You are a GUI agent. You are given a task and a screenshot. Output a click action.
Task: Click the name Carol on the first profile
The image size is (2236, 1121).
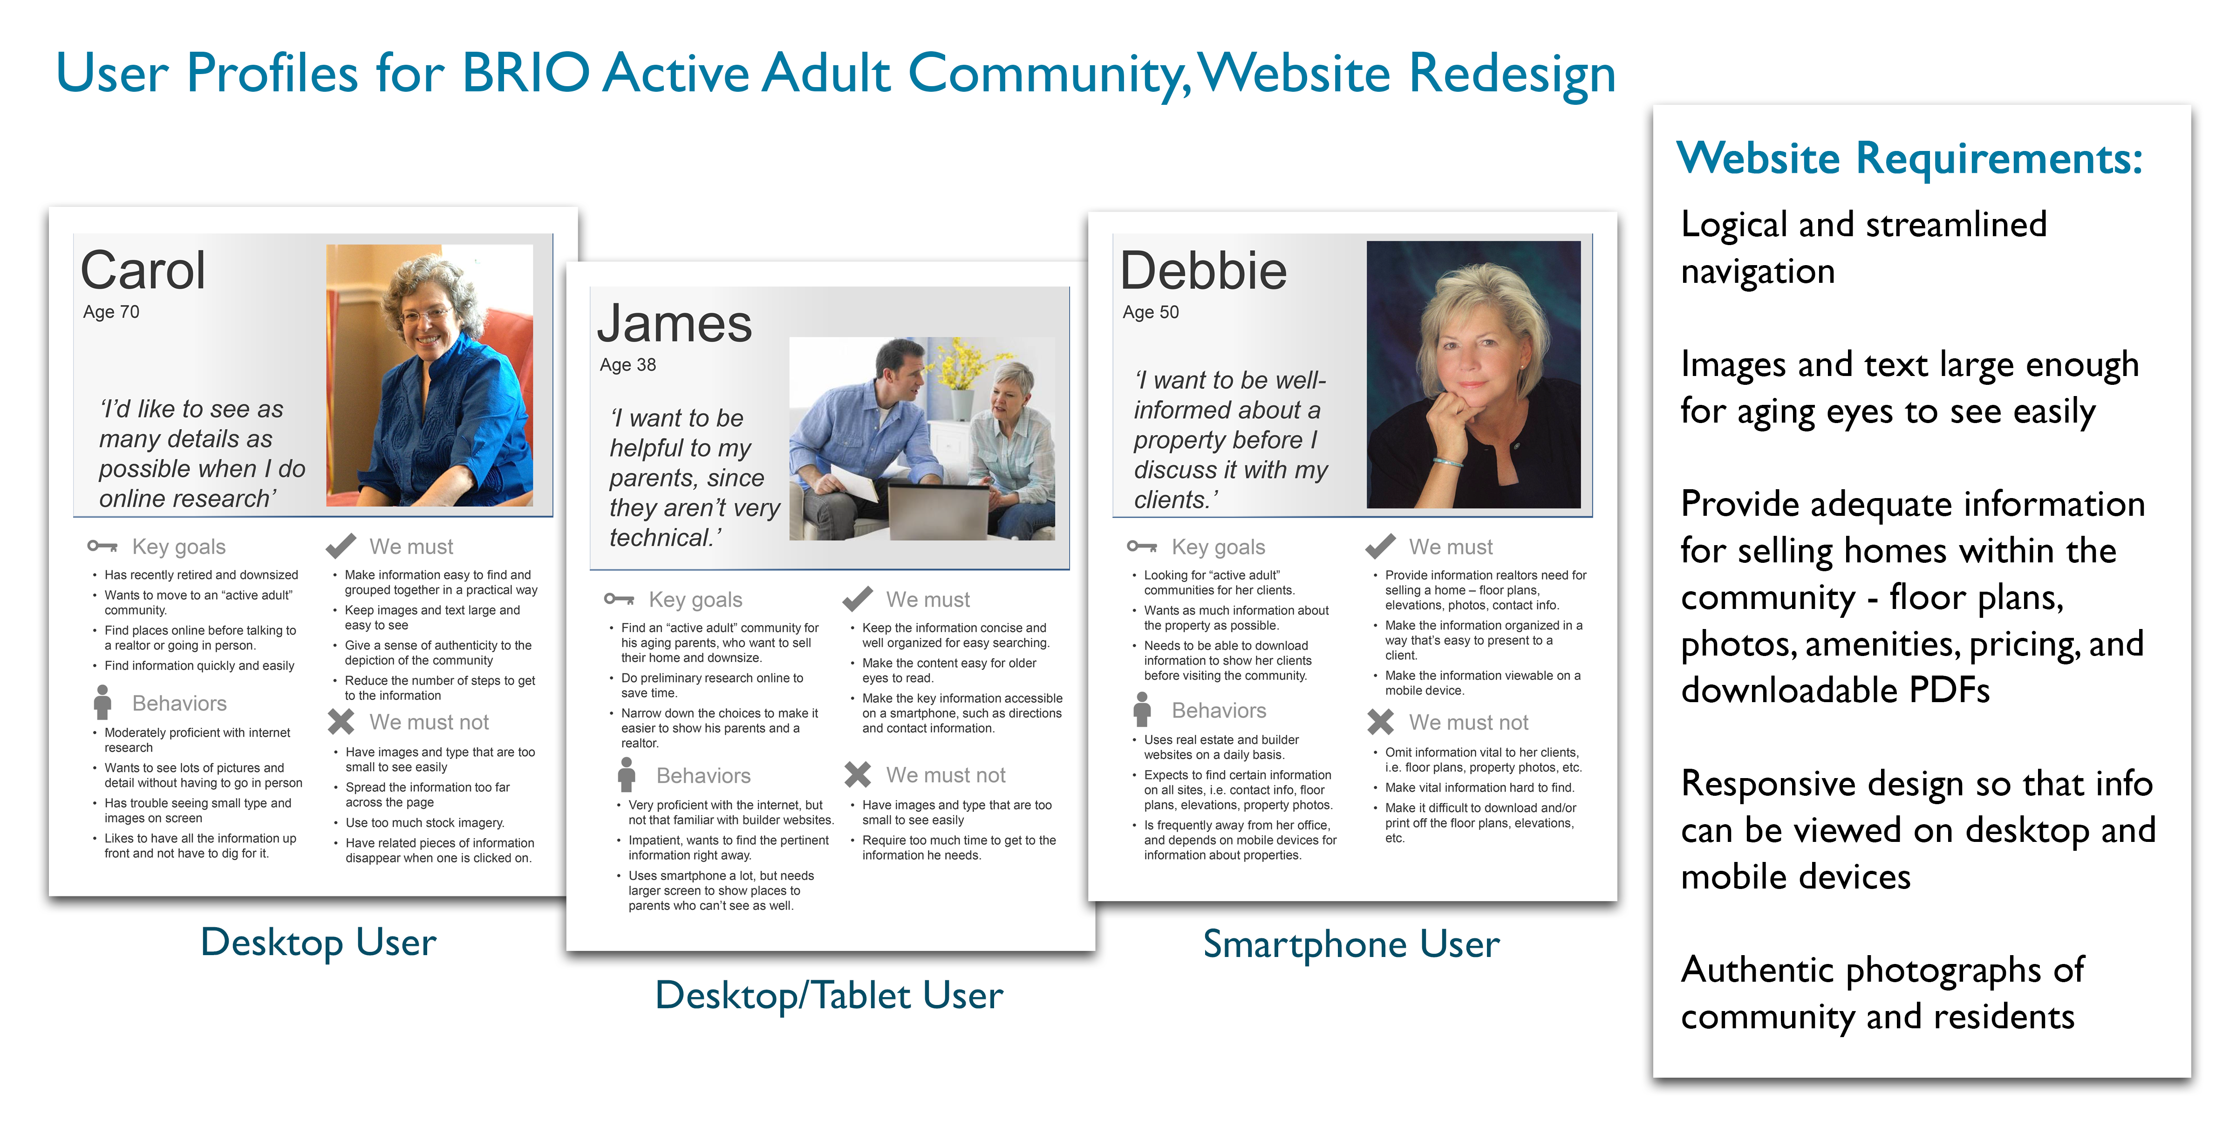coord(143,270)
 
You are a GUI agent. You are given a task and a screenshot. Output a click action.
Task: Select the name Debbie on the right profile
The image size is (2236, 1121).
coord(1203,270)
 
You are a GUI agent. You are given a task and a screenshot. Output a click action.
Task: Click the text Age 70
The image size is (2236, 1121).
coord(111,312)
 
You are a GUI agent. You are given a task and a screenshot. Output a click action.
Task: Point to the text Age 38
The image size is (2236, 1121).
coord(627,365)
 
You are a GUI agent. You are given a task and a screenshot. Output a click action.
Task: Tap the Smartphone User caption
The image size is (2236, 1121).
coord(1350,944)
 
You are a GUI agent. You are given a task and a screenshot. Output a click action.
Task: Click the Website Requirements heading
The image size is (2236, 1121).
coord(1909,158)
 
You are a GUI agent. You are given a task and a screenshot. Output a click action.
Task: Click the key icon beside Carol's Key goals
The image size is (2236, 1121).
coord(102,546)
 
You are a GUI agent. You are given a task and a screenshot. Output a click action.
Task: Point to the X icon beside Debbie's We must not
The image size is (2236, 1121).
coord(1380,722)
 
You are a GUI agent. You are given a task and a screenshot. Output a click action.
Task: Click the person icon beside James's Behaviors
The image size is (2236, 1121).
coord(627,774)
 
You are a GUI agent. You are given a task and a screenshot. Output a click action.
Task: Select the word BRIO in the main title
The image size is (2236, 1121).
coord(526,73)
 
